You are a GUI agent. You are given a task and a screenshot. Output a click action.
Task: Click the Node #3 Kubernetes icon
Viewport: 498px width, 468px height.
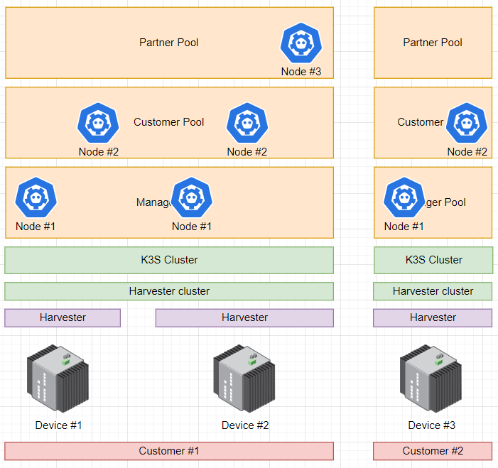pos(301,43)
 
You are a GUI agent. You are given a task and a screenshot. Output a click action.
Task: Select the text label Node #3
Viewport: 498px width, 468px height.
pos(301,72)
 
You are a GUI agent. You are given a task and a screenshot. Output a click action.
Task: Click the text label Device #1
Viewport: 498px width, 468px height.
pos(58,425)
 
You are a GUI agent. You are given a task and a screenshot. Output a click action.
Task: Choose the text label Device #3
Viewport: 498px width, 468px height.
pos(431,425)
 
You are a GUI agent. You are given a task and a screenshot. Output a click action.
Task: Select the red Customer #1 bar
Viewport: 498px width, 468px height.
pos(169,451)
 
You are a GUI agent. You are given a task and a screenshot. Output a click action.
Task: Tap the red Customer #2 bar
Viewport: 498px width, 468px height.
pos(433,451)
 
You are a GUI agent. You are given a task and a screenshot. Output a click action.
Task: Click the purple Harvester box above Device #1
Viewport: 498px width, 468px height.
pos(63,317)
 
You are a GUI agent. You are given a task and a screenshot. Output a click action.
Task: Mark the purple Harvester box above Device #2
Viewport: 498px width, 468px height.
pos(244,317)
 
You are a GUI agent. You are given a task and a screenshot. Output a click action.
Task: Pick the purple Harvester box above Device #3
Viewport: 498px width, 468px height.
pos(433,317)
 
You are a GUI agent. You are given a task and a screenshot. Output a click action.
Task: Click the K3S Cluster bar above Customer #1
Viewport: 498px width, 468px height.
pos(169,260)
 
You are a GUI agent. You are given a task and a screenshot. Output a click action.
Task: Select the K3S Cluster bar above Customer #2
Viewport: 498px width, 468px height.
pos(433,260)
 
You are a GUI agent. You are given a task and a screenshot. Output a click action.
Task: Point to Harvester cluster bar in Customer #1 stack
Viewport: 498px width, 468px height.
pos(169,291)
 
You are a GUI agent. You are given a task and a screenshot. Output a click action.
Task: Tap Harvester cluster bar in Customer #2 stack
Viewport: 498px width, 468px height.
pos(433,291)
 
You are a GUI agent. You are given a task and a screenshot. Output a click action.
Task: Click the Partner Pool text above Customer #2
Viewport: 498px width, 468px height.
pos(433,43)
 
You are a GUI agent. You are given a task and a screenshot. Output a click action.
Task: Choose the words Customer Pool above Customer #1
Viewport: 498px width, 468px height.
pos(169,122)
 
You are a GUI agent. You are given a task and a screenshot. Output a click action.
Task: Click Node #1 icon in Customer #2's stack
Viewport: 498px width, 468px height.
pos(404,198)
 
